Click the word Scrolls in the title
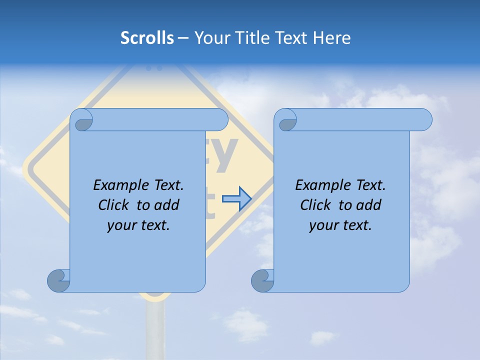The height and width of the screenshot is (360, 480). pyautogui.click(x=147, y=38)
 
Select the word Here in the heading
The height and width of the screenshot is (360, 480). pyautogui.click(x=332, y=38)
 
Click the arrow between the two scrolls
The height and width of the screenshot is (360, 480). pyautogui.click(x=236, y=199)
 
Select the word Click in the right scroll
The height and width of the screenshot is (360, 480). pyautogui.click(x=316, y=205)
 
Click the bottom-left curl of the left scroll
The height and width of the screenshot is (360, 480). pyautogui.click(x=59, y=280)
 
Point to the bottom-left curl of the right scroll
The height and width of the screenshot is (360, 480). pyautogui.click(x=262, y=280)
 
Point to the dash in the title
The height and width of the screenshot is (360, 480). pyautogui.click(x=183, y=38)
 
